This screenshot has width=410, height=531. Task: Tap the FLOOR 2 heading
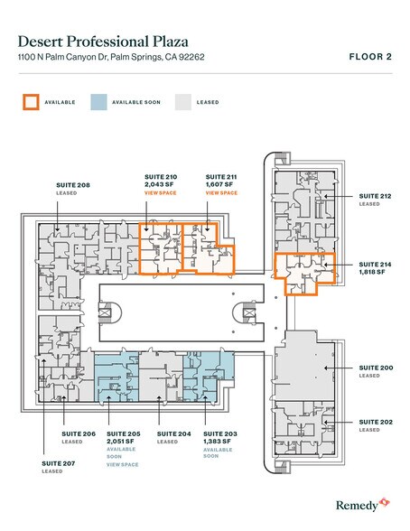[370, 56]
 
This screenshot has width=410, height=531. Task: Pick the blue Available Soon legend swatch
[99, 102]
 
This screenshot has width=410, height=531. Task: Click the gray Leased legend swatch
[183, 102]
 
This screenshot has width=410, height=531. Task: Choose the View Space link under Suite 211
[221, 193]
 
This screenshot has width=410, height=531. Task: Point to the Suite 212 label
[375, 195]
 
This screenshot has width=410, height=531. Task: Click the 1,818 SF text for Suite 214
[373, 271]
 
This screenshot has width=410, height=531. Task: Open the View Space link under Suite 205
[123, 464]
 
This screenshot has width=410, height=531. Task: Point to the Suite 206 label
[78, 434]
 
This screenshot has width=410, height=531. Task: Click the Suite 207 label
[59, 462]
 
